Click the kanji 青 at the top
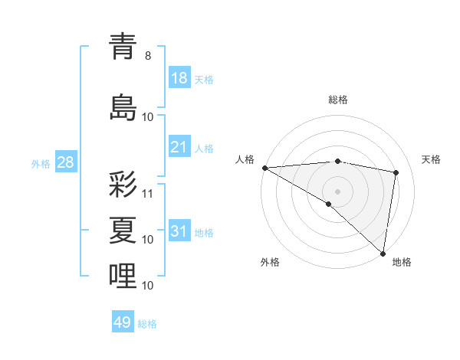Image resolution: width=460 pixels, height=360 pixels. (x=123, y=47)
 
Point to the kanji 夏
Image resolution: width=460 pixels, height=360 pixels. (x=123, y=229)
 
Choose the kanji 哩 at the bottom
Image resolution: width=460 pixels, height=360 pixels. (x=123, y=276)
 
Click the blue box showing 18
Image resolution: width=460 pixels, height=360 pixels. (x=179, y=78)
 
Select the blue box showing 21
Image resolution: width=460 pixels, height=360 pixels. (x=179, y=147)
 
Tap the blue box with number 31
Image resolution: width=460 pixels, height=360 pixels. (x=179, y=231)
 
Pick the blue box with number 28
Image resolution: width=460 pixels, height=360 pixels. (x=64, y=162)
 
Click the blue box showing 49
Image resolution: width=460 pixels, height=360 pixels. (x=123, y=322)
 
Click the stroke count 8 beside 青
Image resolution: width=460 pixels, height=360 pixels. (x=147, y=56)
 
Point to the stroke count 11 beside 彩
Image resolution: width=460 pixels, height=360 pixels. (x=148, y=192)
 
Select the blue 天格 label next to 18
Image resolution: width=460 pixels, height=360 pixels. (x=204, y=79)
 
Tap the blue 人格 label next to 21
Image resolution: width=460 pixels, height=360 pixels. (x=204, y=148)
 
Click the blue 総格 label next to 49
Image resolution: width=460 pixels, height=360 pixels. (x=147, y=323)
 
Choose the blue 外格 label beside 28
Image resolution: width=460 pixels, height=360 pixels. (x=41, y=163)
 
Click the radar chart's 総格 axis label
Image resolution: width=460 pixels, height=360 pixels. (x=337, y=100)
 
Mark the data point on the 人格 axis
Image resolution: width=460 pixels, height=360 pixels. (x=264, y=168)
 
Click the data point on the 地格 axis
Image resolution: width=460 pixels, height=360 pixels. (x=383, y=253)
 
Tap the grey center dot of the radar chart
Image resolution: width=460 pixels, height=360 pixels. (x=337, y=190)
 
